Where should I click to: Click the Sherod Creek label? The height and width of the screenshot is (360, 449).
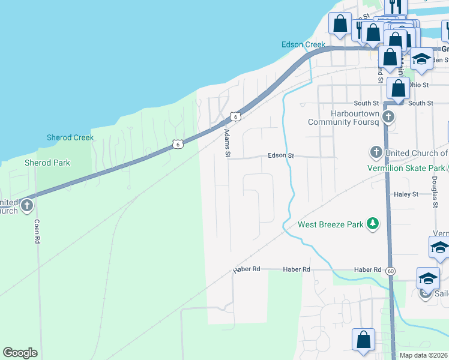(70, 137)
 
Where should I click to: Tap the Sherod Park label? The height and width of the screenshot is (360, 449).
(47, 163)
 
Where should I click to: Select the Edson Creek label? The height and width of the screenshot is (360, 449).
(303, 44)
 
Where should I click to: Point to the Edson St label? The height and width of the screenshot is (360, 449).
(281, 155)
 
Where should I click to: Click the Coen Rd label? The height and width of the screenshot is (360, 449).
(37, 230)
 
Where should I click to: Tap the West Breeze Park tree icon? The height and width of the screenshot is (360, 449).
(373, 224)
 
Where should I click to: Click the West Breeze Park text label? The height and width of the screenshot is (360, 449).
(331, 225)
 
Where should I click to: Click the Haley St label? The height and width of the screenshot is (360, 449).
(406, 194)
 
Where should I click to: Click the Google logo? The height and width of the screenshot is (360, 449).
(20, 353)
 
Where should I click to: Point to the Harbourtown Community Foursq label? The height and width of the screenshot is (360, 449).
(343, 118)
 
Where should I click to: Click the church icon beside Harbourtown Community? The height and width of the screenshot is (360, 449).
(388, 116)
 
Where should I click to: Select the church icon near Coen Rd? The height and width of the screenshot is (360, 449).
(26, 206)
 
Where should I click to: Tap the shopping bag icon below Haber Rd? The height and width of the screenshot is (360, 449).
(364, 340)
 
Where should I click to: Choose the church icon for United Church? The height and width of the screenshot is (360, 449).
(376, 152)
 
